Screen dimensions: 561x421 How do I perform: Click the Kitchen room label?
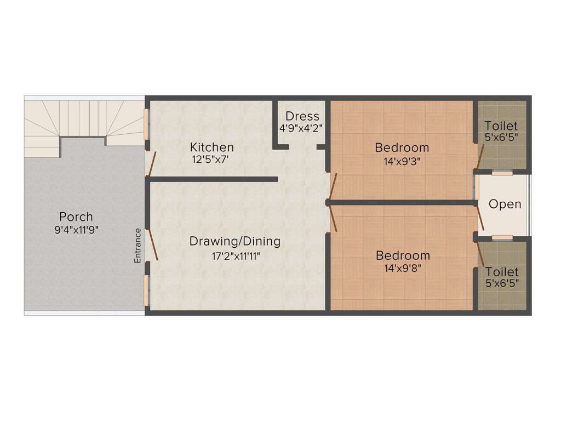point(212,147)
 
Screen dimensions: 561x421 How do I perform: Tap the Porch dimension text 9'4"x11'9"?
point(76,230)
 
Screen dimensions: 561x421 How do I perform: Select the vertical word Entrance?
point(138,246)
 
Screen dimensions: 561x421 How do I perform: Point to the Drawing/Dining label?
point(234,241)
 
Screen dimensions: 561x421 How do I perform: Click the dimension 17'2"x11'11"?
point(236,257)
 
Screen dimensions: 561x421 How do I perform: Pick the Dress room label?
point(302,116)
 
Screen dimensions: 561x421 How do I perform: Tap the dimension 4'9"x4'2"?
point(301,128)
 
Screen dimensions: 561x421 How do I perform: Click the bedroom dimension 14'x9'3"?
point(402,162)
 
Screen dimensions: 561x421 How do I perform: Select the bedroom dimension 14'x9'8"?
point(403,268)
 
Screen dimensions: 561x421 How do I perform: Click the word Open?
point(505,204)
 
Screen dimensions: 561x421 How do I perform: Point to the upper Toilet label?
point(501,126)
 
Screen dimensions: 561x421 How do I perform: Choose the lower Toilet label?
point(502,272)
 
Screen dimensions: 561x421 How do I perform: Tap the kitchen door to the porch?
point(151,164)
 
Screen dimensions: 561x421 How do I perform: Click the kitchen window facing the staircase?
point(146,124)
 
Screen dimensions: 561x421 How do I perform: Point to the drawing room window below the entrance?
point(146,290)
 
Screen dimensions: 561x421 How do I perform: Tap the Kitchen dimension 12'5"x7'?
point(210,160)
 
